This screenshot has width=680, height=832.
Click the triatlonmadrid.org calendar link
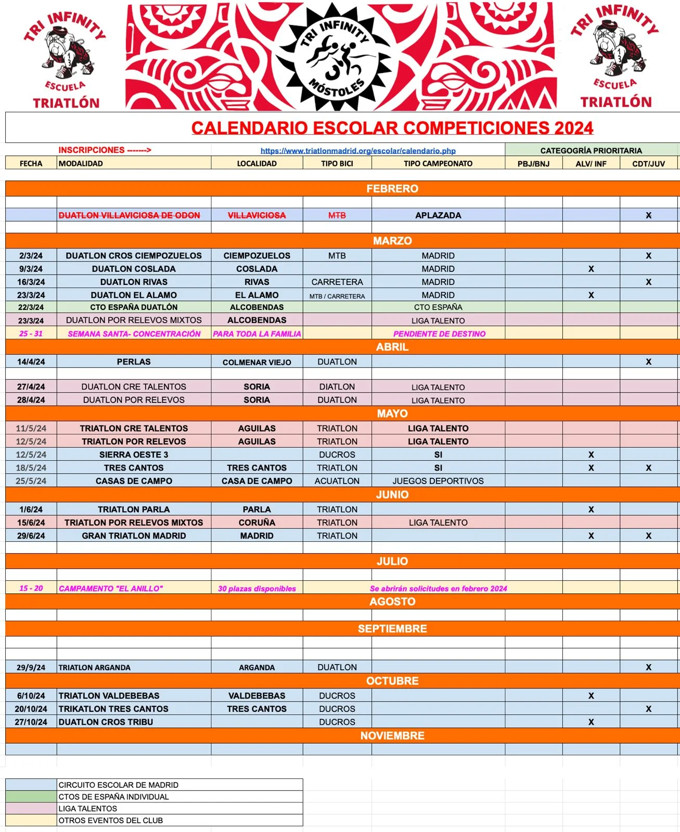tap(358, 151)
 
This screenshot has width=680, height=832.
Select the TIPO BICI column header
tap(337, 163)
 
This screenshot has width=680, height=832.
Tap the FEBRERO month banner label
tap(392, 189)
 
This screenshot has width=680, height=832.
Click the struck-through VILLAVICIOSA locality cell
tap(256, 215)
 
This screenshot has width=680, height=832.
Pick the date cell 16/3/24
tap(31, 282)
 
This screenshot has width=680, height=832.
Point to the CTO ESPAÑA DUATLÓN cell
tap(134, 307)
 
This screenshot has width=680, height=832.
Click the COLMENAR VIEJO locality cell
tap(256, 362)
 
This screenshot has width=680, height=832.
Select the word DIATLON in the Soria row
tap(337, 387)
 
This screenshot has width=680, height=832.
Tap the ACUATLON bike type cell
tap(337, 481)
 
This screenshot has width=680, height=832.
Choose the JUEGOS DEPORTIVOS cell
tap(438, 481)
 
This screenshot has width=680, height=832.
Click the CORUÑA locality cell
tap(256, 523)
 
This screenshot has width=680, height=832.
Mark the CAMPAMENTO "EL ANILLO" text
tap(111, 589)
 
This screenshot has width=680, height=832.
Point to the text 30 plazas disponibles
tap(256, 589)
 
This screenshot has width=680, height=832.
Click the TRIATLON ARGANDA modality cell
tap(95, 668)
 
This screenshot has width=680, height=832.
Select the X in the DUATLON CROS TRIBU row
tap(591, 722)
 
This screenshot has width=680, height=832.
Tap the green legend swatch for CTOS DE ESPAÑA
tap(31, 797)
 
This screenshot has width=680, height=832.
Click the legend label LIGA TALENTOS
tap(88, 809)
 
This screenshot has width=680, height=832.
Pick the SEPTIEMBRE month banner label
tap(392, 629)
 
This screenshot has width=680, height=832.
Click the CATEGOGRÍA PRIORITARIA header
tap(591, 151)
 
